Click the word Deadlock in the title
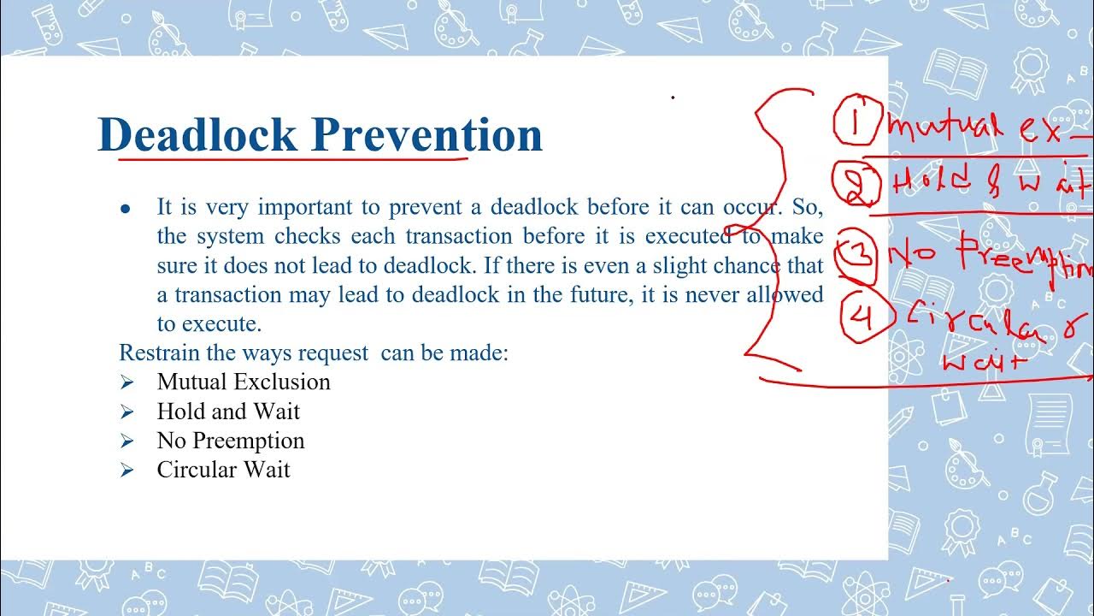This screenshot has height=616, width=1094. [198, 134]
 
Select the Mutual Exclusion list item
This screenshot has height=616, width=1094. [244, 382]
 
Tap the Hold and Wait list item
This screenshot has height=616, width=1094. [228, 412]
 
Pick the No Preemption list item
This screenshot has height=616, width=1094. [231, 441]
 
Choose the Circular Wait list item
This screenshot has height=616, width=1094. [224, 470]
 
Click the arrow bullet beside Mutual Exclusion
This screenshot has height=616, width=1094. [127, 382]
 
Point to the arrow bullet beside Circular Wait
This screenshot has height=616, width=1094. [127, 471]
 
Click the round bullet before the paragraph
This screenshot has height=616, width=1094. [126, 208]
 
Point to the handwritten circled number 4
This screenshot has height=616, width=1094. [864, 317]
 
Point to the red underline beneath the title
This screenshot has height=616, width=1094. [291, 157]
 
